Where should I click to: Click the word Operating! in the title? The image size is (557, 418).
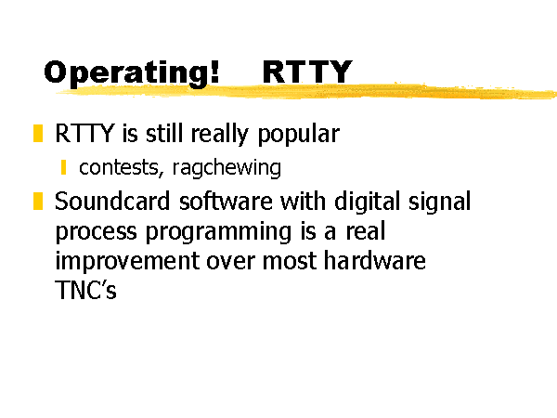pos(132,73)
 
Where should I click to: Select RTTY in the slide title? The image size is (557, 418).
pos(307,72)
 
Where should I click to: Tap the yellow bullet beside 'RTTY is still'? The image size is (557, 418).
pos(38,133)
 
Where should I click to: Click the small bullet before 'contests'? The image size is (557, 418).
pos(63,167)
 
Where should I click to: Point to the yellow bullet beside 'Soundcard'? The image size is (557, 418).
pos(38,201)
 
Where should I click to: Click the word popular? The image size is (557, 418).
pos(299,135)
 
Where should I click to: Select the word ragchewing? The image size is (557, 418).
pos(227,168)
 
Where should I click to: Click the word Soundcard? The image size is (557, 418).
pos(112,202)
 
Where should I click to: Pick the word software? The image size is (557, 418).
pos(226,202)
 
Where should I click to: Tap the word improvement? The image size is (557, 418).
pos(127,262)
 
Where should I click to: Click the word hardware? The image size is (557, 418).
pos(375,260)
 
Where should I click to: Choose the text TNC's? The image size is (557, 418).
pos(85,290)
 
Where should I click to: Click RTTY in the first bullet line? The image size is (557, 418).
pos(84,134)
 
